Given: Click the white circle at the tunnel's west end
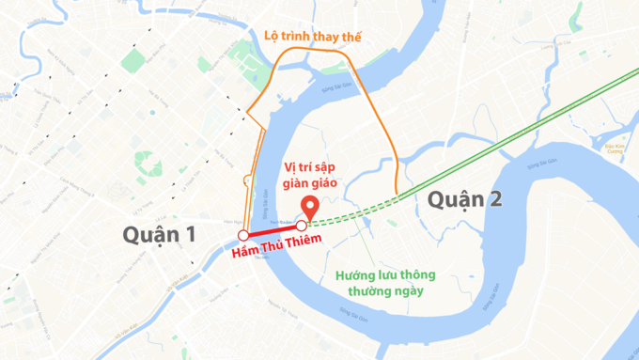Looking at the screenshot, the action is (x=243, y=235).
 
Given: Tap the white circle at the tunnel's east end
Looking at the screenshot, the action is (x=301, y=226).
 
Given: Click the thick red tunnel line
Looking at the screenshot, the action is (x=273, y=230).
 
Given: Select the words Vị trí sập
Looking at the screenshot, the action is (x=311, y=166).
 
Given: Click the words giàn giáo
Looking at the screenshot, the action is (x=311, y=183).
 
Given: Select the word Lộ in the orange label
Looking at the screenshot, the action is (x=273, y=37).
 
